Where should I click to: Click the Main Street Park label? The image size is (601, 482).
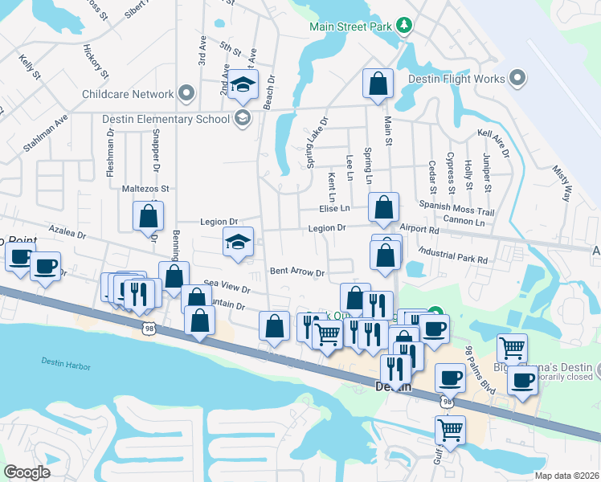coord(350,27)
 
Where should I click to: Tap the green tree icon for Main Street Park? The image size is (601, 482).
coord(404,27)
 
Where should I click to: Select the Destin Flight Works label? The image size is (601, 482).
coord(456,79)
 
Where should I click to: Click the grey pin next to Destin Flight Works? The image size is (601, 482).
coord(517,79)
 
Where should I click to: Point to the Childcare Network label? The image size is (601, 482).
coord(128,94)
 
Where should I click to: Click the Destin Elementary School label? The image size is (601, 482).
coord(166,120)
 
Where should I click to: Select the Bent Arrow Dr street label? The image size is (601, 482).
coord(296,272)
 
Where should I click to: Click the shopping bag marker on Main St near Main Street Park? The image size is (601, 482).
coord(377,84)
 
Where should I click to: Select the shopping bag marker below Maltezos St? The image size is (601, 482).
coord(148,215)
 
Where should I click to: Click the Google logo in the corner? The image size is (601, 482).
coord(27,472)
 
